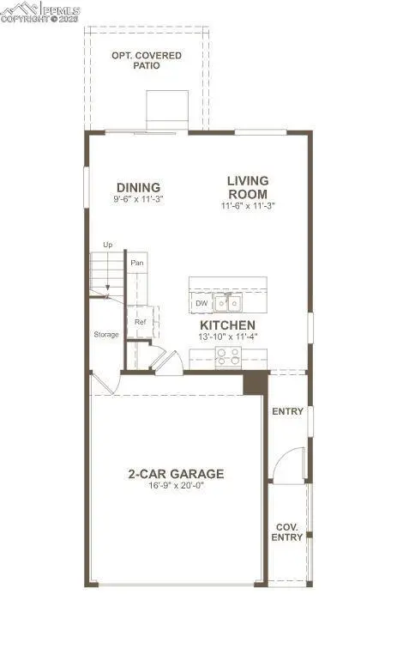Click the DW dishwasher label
point(201,304)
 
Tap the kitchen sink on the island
point(228,303)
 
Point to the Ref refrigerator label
point(140,323)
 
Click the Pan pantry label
point(136,263)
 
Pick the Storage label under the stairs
point(106,335)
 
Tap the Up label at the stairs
point(107,246)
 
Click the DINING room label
point(138,188)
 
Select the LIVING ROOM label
point(248,187)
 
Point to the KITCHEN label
point(227,326)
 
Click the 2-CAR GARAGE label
point(176,474)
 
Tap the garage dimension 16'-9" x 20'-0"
point(176,487)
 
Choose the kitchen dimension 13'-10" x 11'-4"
point(227,338)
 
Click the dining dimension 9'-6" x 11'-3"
point(138,200)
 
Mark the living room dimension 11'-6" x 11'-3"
point(248,205)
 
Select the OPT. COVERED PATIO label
point(147,61)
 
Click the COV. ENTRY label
point(288,532)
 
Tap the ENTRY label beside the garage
point(288,412)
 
